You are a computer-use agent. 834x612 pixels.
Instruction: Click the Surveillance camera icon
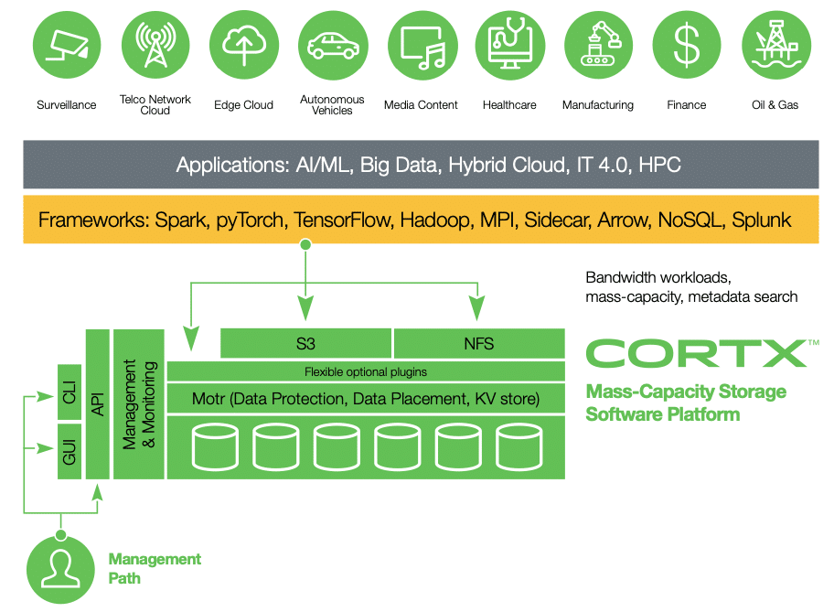67,45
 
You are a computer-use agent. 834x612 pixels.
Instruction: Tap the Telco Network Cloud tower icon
155,45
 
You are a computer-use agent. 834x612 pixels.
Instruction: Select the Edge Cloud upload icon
244,45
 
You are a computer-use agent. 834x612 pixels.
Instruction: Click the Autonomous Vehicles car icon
333,45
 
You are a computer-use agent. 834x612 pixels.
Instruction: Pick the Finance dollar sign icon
687,45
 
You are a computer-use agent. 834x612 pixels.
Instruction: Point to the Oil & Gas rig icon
776,45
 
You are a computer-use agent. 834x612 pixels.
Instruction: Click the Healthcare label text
509,105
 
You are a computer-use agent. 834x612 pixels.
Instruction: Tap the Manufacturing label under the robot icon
598,105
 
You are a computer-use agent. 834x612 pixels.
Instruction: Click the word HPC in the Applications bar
659,165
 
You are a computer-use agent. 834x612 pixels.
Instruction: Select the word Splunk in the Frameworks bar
762,220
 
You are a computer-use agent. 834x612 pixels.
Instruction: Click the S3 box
305,343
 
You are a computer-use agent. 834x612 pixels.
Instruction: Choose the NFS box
479,343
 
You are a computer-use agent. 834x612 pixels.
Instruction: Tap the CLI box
69,392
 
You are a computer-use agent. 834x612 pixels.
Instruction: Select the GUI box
69,451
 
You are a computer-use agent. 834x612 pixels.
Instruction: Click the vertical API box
97,404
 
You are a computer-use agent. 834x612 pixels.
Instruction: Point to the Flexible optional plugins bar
366,371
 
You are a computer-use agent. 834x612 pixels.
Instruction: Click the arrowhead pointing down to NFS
477,307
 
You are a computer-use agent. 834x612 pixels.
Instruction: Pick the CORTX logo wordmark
698,353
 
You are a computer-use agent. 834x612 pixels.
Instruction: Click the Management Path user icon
60,569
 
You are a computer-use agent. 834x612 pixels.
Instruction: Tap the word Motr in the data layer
208,399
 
